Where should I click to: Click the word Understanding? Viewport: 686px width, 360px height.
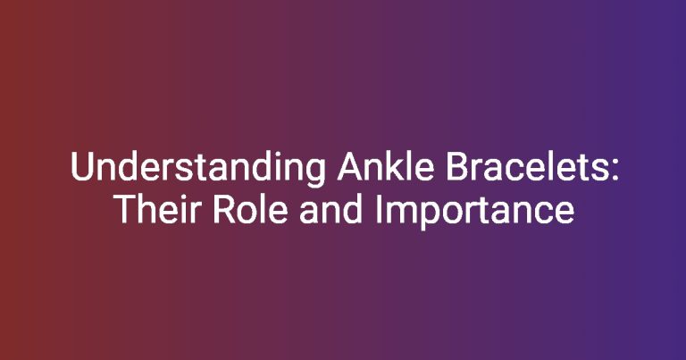(x=197, y=168)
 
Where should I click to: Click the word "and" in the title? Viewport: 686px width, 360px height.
(x=330, y=208)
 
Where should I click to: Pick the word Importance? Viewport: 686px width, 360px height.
(x=474, y=211)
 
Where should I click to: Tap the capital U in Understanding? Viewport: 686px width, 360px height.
(x=82, y=166)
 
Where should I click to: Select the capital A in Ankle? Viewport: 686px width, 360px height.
(x=349, y=166)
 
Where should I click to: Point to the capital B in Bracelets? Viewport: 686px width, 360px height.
(x=456, y=166)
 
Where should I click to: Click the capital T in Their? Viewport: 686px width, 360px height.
(x=125, y=209)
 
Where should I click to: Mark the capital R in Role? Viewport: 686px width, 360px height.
(x=224, y=209)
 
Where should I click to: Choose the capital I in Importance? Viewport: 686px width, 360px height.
(x=378, y=209)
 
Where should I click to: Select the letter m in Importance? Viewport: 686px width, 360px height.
(x=397, y=212)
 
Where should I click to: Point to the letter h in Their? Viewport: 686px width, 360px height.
(x=147, y=208)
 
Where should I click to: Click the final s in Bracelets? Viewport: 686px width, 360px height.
(x=600, y=170)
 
